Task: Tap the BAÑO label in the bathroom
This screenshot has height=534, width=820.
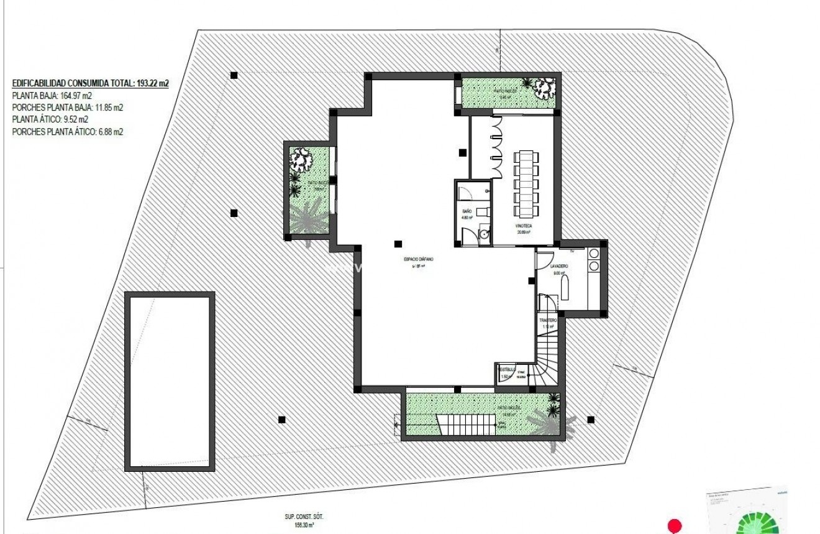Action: (x=467, y=212)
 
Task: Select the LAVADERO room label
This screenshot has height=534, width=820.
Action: (x=559, y=266)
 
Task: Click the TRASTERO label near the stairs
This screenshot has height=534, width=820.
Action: (x=547, y=320)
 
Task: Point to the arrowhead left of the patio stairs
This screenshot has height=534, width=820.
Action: (x=396, y=425)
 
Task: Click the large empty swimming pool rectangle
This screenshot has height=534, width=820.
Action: (x=170, y=381)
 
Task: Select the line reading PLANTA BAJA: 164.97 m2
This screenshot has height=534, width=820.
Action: (x=52, y=95)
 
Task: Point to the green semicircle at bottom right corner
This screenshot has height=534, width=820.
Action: (x=757, y=523)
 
